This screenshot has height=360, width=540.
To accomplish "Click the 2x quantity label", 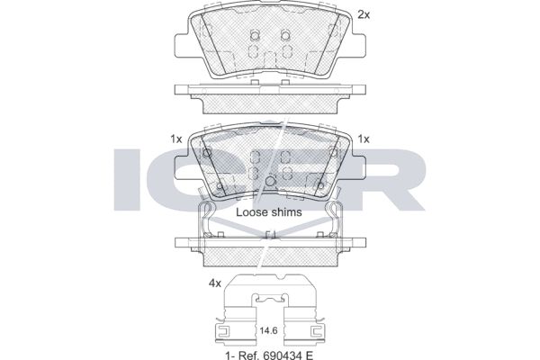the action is (364, 14).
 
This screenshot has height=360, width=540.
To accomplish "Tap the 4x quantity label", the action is (215, 283).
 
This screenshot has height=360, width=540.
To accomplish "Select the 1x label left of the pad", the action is (176, 139).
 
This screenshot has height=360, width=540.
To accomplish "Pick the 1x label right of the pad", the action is (364, 139).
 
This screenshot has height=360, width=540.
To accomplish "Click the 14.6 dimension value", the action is (268, 331).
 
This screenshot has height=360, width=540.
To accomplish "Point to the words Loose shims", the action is (269, 212).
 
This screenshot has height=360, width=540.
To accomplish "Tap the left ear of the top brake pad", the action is (181, 44).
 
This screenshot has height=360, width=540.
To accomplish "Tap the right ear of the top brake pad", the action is (359, 44).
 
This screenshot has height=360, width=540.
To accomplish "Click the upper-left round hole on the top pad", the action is (255, 35).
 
